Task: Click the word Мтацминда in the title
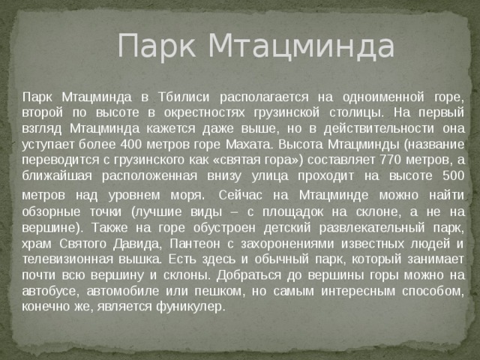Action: point(301,46)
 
